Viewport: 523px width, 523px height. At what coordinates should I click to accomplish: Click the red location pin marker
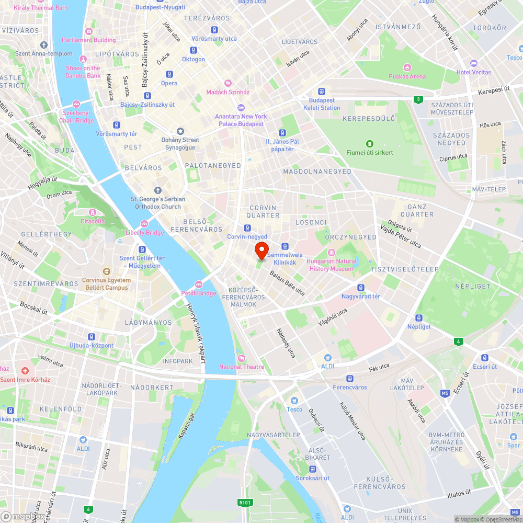pos(261,251)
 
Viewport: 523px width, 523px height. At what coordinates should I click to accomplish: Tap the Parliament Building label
pos(89,40)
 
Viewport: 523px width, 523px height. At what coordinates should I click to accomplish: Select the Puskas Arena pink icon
pos(407,67)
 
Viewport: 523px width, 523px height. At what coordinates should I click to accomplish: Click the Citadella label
pos(92,221)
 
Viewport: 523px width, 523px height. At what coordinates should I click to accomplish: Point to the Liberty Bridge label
pos(144,233)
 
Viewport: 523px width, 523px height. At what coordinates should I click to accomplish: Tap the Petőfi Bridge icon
pos(199,284)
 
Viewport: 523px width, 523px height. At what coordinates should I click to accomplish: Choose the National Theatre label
pos(242,367)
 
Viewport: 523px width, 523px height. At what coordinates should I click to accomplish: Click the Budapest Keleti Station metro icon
pos(322,90)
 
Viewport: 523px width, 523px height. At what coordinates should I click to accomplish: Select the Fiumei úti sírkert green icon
pos(370,143)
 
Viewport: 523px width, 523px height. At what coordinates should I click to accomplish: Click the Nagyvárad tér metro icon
pos(360,287)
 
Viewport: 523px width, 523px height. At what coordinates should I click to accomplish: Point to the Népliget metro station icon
pos(419,317)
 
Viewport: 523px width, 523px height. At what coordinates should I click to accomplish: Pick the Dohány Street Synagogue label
pos(180,144)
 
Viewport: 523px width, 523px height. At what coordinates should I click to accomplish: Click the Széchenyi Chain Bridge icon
pos(76,104)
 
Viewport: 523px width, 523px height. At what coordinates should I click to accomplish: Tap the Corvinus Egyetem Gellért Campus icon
pos(106,271)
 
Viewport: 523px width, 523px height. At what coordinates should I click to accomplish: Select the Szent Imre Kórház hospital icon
pos(25,370)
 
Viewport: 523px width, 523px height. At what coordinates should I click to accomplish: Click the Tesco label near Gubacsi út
pos(294,409)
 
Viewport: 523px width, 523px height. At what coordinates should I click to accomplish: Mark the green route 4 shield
pos(459,342)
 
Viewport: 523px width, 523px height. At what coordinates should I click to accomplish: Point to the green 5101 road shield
pos(245,503)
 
